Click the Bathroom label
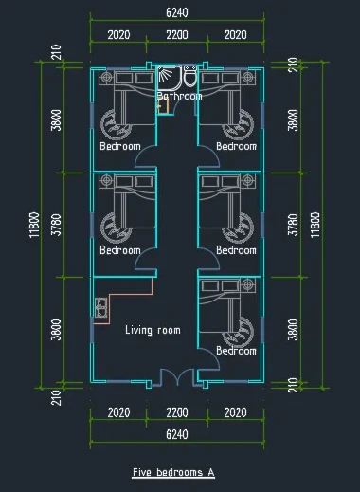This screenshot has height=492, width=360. (180, 96)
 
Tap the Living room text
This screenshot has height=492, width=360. (153, 330)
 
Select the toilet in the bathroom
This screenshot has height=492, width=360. (189, 77)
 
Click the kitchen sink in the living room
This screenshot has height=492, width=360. (100, 307)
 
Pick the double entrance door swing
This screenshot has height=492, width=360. (177, 377)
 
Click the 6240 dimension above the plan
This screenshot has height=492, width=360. (177, 12)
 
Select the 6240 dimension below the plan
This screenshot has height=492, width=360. (177, 434)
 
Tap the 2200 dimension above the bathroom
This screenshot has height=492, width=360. (177, 35)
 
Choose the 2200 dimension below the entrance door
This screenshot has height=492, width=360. (177, 412)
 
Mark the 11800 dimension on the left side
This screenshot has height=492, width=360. (35, 225)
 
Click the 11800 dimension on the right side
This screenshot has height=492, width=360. (315, 225)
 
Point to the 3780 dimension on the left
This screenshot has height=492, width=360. (57, 225)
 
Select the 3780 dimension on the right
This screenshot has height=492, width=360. (293, 225)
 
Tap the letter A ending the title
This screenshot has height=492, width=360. (211, 472)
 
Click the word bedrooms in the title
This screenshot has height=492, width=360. (180, 472)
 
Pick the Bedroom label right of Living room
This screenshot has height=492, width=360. (236, 351)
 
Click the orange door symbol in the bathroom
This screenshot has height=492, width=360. (163, 106)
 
